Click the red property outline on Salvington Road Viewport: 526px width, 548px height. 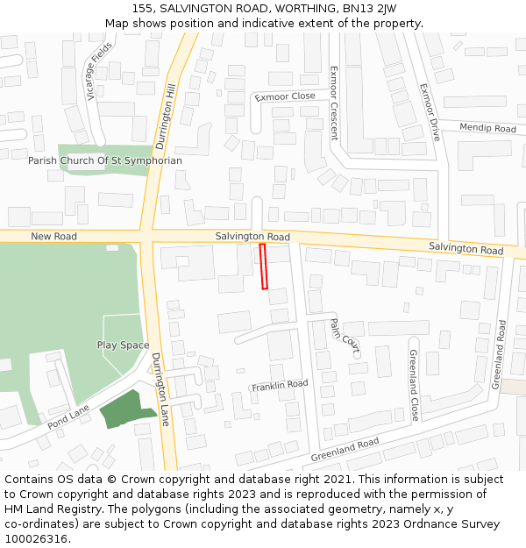point(263,267)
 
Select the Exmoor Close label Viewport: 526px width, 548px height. point(285,96)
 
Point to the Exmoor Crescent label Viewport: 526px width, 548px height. point(333,103)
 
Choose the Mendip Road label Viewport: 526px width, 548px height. point(487,128)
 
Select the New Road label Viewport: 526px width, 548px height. point(53,237)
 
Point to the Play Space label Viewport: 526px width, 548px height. point(123,345)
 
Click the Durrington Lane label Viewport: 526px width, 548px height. point(160,389)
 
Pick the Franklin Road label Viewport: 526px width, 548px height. point(280,385)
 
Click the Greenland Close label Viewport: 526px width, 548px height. point(413,384)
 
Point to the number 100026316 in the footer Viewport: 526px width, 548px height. point(36,539)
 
